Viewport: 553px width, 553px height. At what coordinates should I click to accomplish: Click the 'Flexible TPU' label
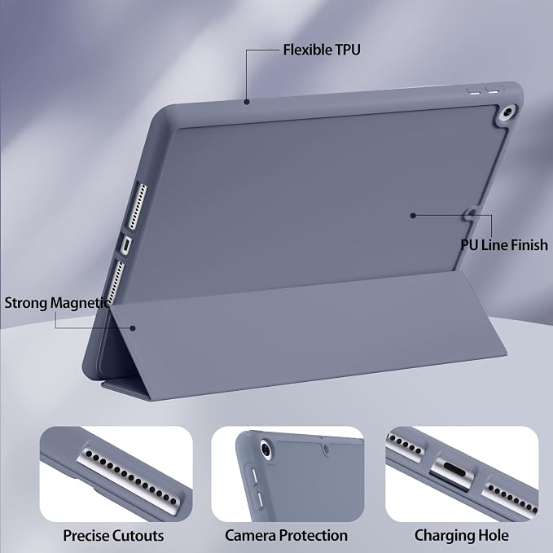(x=322, y=50)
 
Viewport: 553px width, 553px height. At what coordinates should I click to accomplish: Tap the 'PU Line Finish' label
(x=504, y=245)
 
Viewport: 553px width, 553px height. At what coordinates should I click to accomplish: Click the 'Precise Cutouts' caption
(x=113, y=535)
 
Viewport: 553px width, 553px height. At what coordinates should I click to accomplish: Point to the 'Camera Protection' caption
(x=287, y=535)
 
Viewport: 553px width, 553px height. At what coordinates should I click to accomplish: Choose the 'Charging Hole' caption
(x=462, y=535)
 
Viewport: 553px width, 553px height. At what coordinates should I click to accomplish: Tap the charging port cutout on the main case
(x=126, y=245)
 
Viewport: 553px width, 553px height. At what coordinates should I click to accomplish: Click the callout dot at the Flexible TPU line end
(x=247, y=102)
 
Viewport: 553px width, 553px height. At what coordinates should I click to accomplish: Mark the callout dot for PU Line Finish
(x=413, y=216)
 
